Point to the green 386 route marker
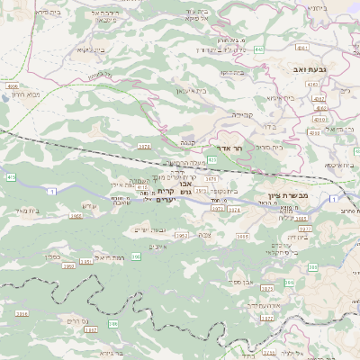[x=112, y=322]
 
